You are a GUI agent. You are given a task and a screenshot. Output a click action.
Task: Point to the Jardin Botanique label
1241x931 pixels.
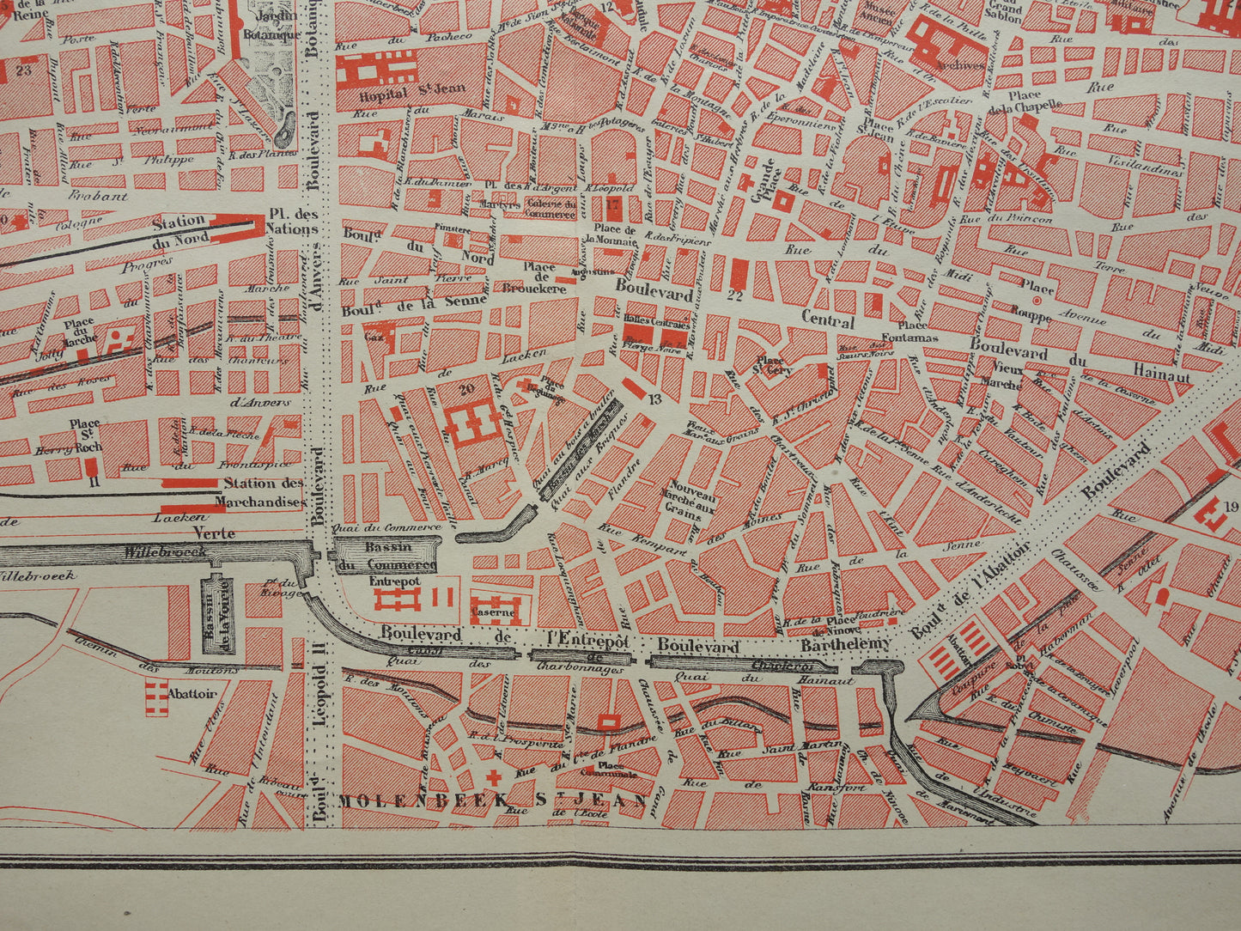pos(271,25)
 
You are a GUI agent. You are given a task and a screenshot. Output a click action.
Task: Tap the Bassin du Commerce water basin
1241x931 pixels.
pos(386,556)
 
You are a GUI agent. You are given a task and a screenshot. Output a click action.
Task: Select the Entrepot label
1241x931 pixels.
pos(394,581)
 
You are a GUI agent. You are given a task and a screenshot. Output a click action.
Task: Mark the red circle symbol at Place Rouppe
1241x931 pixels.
pos(1037,301)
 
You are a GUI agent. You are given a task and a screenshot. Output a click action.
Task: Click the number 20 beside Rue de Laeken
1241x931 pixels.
pos(467,387)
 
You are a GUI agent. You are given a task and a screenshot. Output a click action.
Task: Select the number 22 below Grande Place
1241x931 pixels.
pos(733,296)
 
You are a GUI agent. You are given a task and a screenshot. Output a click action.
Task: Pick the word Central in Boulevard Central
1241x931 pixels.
pos(827,322)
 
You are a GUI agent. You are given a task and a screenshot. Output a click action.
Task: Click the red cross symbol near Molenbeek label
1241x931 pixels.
pos(494,777)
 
